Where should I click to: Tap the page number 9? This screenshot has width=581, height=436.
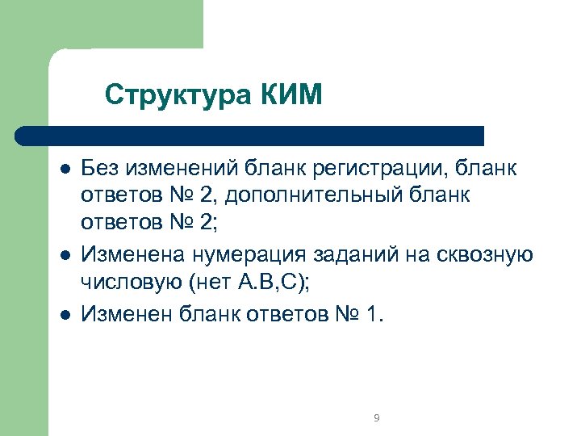[x=377, y=417]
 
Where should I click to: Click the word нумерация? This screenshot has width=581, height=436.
[x=249, y=255]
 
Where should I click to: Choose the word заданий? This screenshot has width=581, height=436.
[x=362, y=255]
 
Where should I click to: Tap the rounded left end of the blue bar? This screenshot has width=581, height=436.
[x=24, y=136]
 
